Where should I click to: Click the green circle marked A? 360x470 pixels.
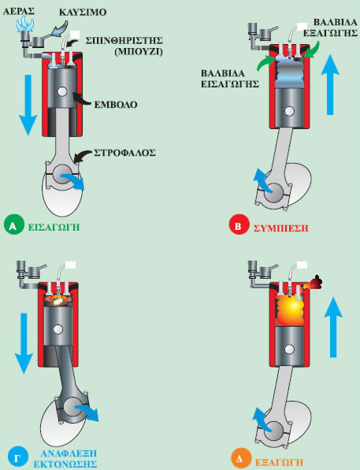pyautogui.click(x=13, y=226)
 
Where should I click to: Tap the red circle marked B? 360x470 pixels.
pyautogui.click(x=239, y=226)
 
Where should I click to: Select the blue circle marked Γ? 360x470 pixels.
pyautogui.click(x=17, y=457)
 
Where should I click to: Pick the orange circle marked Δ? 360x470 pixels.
pyautogui.click(x=241, y=459)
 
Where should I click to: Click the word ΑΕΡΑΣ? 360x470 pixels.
pyautogui.click(x=19, y=11)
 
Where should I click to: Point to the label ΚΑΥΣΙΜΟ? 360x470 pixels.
pyautogui.click(x=83, y=13)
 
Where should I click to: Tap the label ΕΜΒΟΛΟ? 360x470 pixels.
pyautogui.click(x=116, y=105)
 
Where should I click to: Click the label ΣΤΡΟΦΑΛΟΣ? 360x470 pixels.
pyautogui.click(x=124, y=153)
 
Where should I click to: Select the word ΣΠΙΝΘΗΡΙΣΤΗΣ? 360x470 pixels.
pyautogui.click(x=124, y=40)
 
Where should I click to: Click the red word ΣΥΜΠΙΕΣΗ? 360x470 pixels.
pyautogui.click(x=280, y=228)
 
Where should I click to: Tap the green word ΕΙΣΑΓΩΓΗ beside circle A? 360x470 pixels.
pyautogui.click(x=54, y=227)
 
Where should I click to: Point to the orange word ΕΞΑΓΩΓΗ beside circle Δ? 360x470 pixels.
pyautogui.click(x=279, y=462)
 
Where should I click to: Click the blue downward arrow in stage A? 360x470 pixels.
pyautogui.click(x=28, y=105)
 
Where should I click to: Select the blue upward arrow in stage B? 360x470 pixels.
pyautogui.click(x=330, y=84)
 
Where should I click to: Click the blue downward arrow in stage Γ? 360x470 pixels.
pyautogui.click(x=24, y=343)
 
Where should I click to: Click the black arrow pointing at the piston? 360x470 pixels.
pyautogui.click(x=82, y=100)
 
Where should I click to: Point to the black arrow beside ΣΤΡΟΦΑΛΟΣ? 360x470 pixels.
pyautogui.click(x=83, y=156)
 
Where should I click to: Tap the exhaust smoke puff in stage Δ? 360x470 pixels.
pyautogui.click(x=314, y=283)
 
